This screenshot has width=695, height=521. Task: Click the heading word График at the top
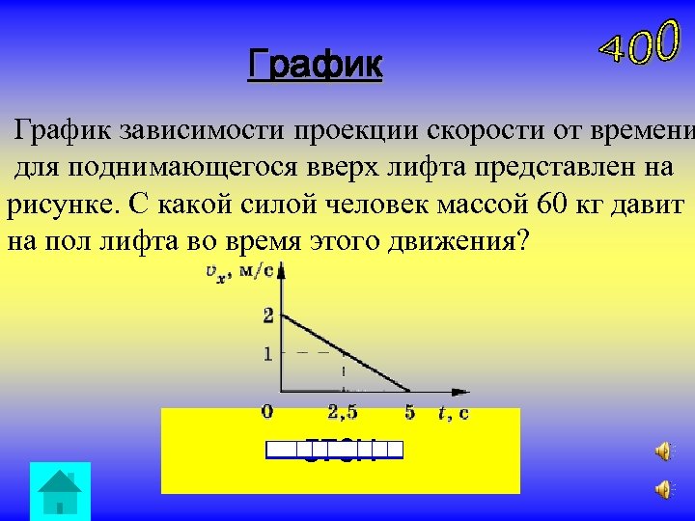coord(315,66)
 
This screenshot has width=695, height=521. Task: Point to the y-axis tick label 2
coord(268,315)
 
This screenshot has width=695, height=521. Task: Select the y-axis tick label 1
coord(268,354)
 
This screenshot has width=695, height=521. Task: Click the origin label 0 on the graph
coord(267,412)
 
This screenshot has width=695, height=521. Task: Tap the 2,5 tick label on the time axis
coord(343,413)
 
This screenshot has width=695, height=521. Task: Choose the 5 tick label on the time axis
coord(410,412)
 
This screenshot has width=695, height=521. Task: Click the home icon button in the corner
coord(60,491)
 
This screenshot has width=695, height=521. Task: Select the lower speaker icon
coord(664,490)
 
